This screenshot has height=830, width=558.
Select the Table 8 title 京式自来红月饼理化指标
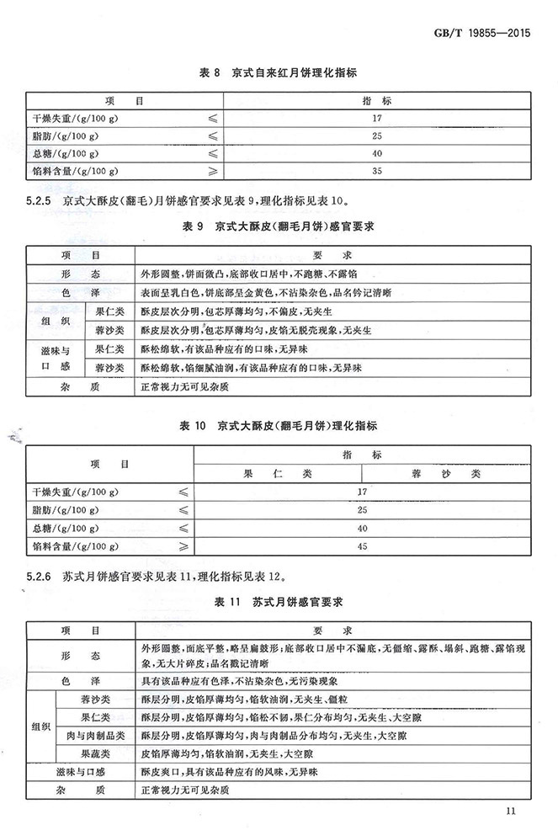coord(278,74)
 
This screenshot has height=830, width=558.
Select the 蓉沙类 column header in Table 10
coord(446,473)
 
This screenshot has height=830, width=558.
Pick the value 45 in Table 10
coord(363,546)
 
